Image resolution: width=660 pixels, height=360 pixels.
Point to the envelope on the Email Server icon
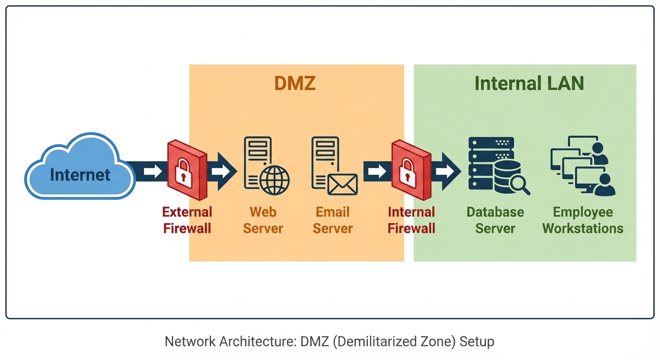[342, 184]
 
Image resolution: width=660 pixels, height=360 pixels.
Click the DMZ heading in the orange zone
[295, 83]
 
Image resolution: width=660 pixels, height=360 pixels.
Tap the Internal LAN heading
[529, 83]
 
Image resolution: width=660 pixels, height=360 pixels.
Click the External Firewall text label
[187, 220]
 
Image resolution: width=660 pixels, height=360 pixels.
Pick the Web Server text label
[263, 220]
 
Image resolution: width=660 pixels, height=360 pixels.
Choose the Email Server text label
[333, 220]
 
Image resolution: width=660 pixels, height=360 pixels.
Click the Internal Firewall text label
[412, 220]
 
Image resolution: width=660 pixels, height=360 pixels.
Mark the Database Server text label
[495, 220]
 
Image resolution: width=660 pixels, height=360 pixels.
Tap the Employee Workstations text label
[583, 220]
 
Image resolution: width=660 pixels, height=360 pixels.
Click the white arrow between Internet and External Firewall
[152, 172]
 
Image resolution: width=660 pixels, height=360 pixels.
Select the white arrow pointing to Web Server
[221, 172]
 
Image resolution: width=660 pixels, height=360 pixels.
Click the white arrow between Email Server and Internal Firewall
[376, 172]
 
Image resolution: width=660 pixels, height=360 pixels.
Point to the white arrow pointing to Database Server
[445, 172]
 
